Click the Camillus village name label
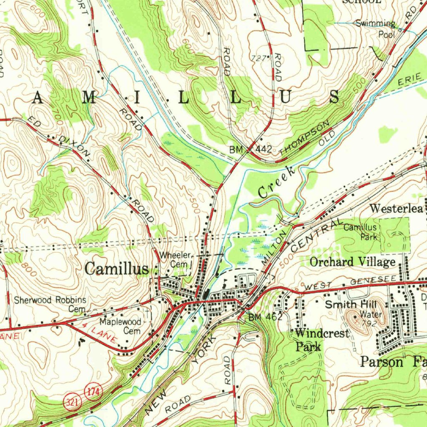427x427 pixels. click(116, 269)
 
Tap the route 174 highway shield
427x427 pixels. click(91, 392)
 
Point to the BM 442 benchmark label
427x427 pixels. click(251, 149)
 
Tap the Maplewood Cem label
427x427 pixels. click(121, 327)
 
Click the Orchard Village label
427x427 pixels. click(352, 262)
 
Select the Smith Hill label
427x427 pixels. click(347, 305)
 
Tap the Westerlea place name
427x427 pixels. click(397, 208)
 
